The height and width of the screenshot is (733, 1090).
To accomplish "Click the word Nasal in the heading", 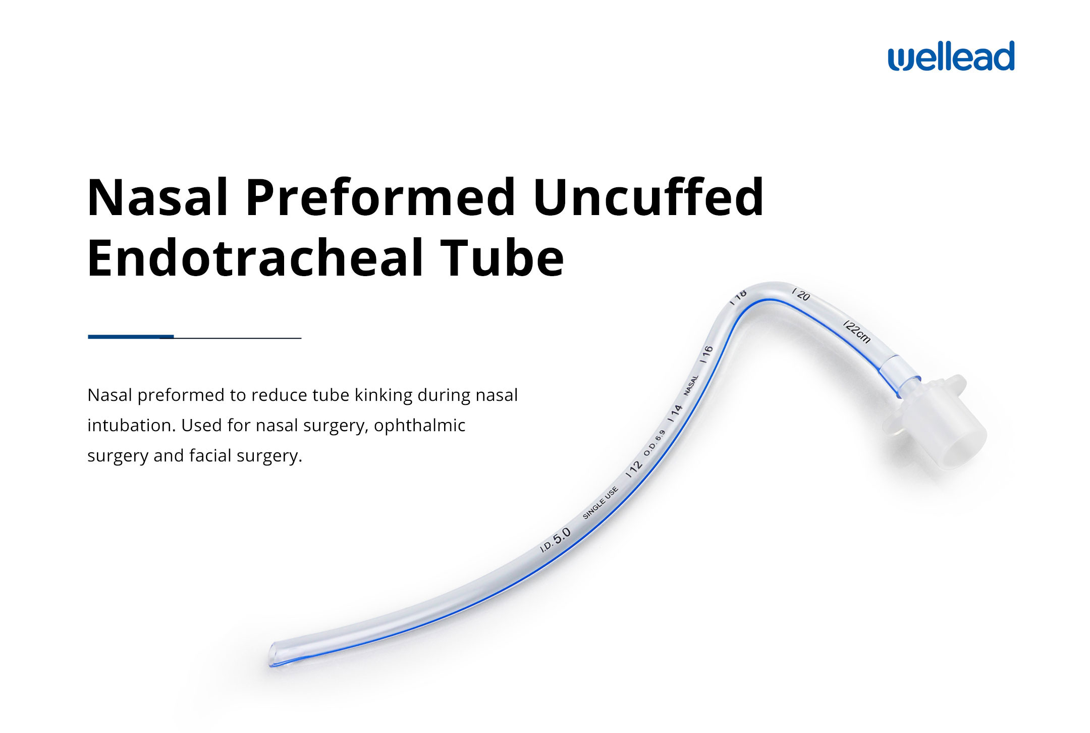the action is click(x=157, y=197).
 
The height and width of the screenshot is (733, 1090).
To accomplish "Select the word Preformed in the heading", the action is click(x=380, y=197).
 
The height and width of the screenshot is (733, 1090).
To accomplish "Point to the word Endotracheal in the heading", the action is click(x=255, y=258).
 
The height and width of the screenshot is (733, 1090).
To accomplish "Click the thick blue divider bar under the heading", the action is click(x=131, y=336).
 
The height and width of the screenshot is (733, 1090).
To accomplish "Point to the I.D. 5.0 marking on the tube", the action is click(x=556, y=540).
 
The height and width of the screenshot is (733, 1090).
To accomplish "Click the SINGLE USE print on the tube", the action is click(x=600, y=503).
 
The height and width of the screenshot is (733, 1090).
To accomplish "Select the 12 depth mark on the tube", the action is click(x=634, y=468).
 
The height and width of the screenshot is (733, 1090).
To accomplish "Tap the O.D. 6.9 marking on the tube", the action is click(x=655, y=442).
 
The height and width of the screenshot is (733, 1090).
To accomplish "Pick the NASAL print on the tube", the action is click(x=691, y=385).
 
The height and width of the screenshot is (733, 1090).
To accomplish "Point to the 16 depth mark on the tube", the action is click(x=706, y=353).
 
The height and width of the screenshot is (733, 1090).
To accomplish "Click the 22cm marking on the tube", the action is click(x=856, y=331).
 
